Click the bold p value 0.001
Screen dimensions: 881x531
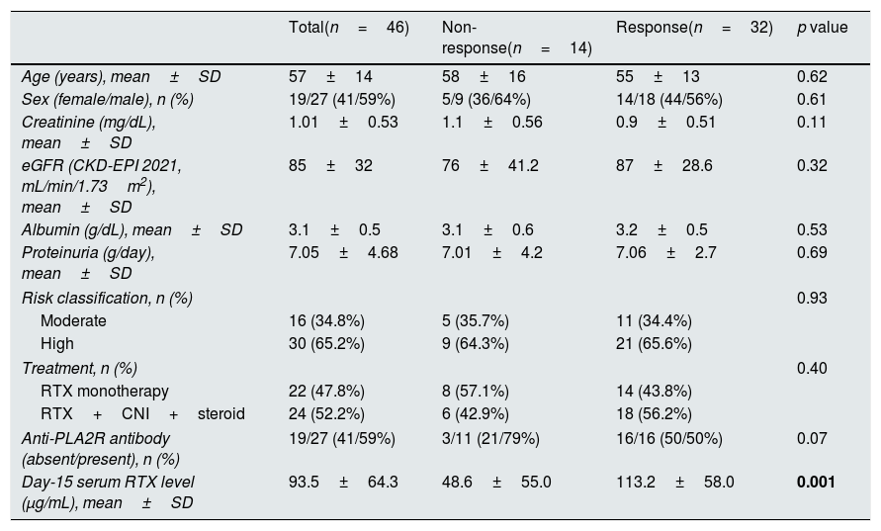pos(816,483)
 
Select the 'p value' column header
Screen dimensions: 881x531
pos(822,28)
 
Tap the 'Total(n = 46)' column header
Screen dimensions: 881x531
pos(349,28)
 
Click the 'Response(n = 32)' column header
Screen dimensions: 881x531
pos(694,28)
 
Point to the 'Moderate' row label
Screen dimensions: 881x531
pos(73,320)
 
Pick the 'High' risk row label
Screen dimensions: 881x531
pos(56,343)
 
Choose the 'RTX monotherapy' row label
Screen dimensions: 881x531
pos(105,392)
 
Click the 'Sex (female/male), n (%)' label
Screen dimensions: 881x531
pos(108,100)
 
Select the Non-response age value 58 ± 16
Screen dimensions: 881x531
pos(484,76)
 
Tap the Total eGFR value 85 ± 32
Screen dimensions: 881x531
pos(330,165)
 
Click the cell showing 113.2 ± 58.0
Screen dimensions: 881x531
pos(674,483)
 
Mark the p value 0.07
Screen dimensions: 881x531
pos(812,438)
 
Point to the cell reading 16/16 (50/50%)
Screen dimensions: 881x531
pos(669,438)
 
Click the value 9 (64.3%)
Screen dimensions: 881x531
pos(476,343)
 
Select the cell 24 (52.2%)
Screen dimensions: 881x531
pos(326,413)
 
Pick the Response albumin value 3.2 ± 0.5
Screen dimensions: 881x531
pos(661,229)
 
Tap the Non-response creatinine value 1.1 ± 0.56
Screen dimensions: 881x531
pos(492,122)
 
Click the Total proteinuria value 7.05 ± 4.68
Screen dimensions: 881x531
pos(343,252)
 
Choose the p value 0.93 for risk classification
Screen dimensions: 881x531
pos(812,298)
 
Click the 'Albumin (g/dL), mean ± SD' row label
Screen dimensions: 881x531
pos(132,229)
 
